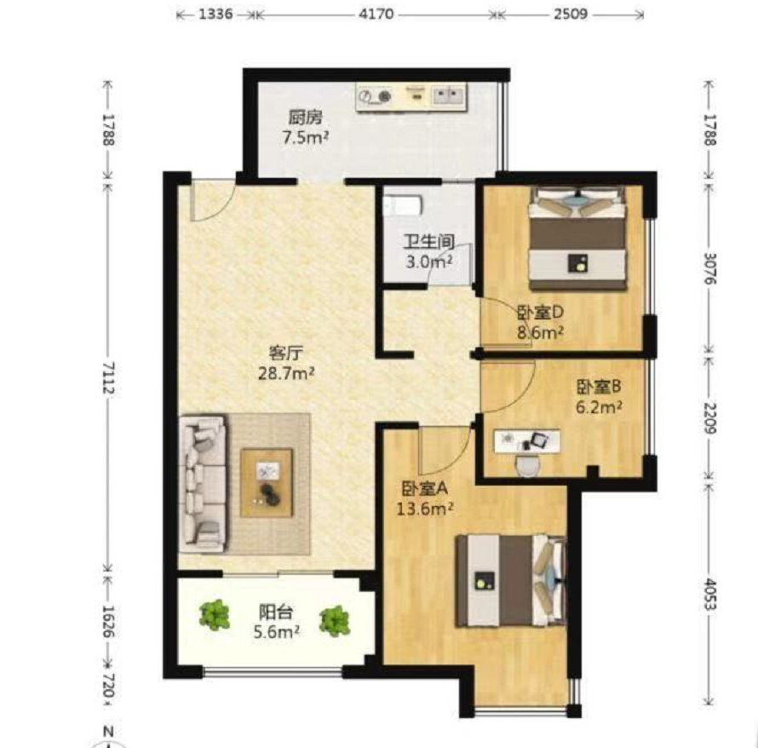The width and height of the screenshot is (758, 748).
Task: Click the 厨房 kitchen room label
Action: point(305,118)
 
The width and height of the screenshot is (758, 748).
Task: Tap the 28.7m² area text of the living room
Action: point(287,374)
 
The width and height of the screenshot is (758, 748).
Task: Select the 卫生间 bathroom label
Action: point(428,242)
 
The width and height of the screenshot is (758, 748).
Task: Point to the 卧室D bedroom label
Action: point(540,313)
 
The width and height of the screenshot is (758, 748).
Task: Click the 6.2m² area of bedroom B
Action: point(599,407)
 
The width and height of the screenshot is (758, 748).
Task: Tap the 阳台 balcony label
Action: point(276,613)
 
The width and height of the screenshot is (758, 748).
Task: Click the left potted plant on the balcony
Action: point(214,614)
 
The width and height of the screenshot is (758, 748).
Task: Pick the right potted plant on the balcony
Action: point(334,621)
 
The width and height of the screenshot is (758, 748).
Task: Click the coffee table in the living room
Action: point(267,483)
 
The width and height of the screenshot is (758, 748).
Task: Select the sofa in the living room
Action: point(203,484)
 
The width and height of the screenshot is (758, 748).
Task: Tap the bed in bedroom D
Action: point(577,238)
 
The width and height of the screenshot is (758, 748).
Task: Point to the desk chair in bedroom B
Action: point(527,465)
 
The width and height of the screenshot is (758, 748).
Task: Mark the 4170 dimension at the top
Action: point(376,14)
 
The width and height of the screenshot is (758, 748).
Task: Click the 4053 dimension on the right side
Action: point(709,595)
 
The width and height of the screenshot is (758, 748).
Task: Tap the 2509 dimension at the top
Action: point(571,14)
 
